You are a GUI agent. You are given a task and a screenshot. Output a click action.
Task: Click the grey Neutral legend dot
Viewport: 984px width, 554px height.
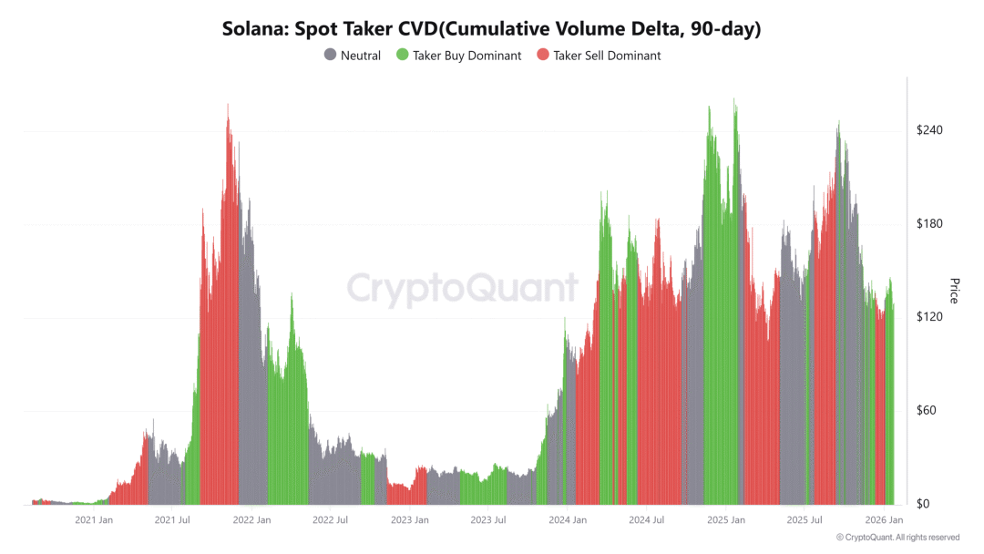click(330, 56)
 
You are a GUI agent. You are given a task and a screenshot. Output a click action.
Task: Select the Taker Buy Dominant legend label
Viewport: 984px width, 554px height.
click(466, 56)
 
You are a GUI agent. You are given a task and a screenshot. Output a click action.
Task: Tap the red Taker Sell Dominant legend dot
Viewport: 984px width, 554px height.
click(543, 56)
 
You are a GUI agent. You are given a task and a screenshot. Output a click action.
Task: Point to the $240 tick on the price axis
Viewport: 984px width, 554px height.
click(929, 130)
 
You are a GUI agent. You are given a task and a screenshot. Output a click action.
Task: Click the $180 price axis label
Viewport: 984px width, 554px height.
click(929, 224)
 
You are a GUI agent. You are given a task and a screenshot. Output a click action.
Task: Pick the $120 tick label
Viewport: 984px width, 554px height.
click(929, 317)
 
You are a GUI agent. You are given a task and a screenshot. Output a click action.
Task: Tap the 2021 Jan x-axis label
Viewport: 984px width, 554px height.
click(94, 520)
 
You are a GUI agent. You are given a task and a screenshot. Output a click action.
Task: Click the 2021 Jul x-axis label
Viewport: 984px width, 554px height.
click(172, 520)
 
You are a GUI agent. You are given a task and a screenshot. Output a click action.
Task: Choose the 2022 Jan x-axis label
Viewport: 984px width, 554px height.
click(251, 520)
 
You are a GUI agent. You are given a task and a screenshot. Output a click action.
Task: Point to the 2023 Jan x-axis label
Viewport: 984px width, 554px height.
click(410, 520)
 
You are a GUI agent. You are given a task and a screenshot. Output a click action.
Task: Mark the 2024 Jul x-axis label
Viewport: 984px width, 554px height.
click(646, 520)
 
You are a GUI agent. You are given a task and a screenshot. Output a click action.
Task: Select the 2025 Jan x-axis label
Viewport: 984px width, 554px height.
click(726, 520)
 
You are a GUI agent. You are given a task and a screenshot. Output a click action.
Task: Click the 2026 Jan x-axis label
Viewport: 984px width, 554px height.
click(884, 520)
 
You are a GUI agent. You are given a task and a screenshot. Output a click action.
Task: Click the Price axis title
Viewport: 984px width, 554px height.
click(954, 291)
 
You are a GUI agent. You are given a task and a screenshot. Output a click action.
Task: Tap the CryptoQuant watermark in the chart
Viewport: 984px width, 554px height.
click(462, 288)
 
